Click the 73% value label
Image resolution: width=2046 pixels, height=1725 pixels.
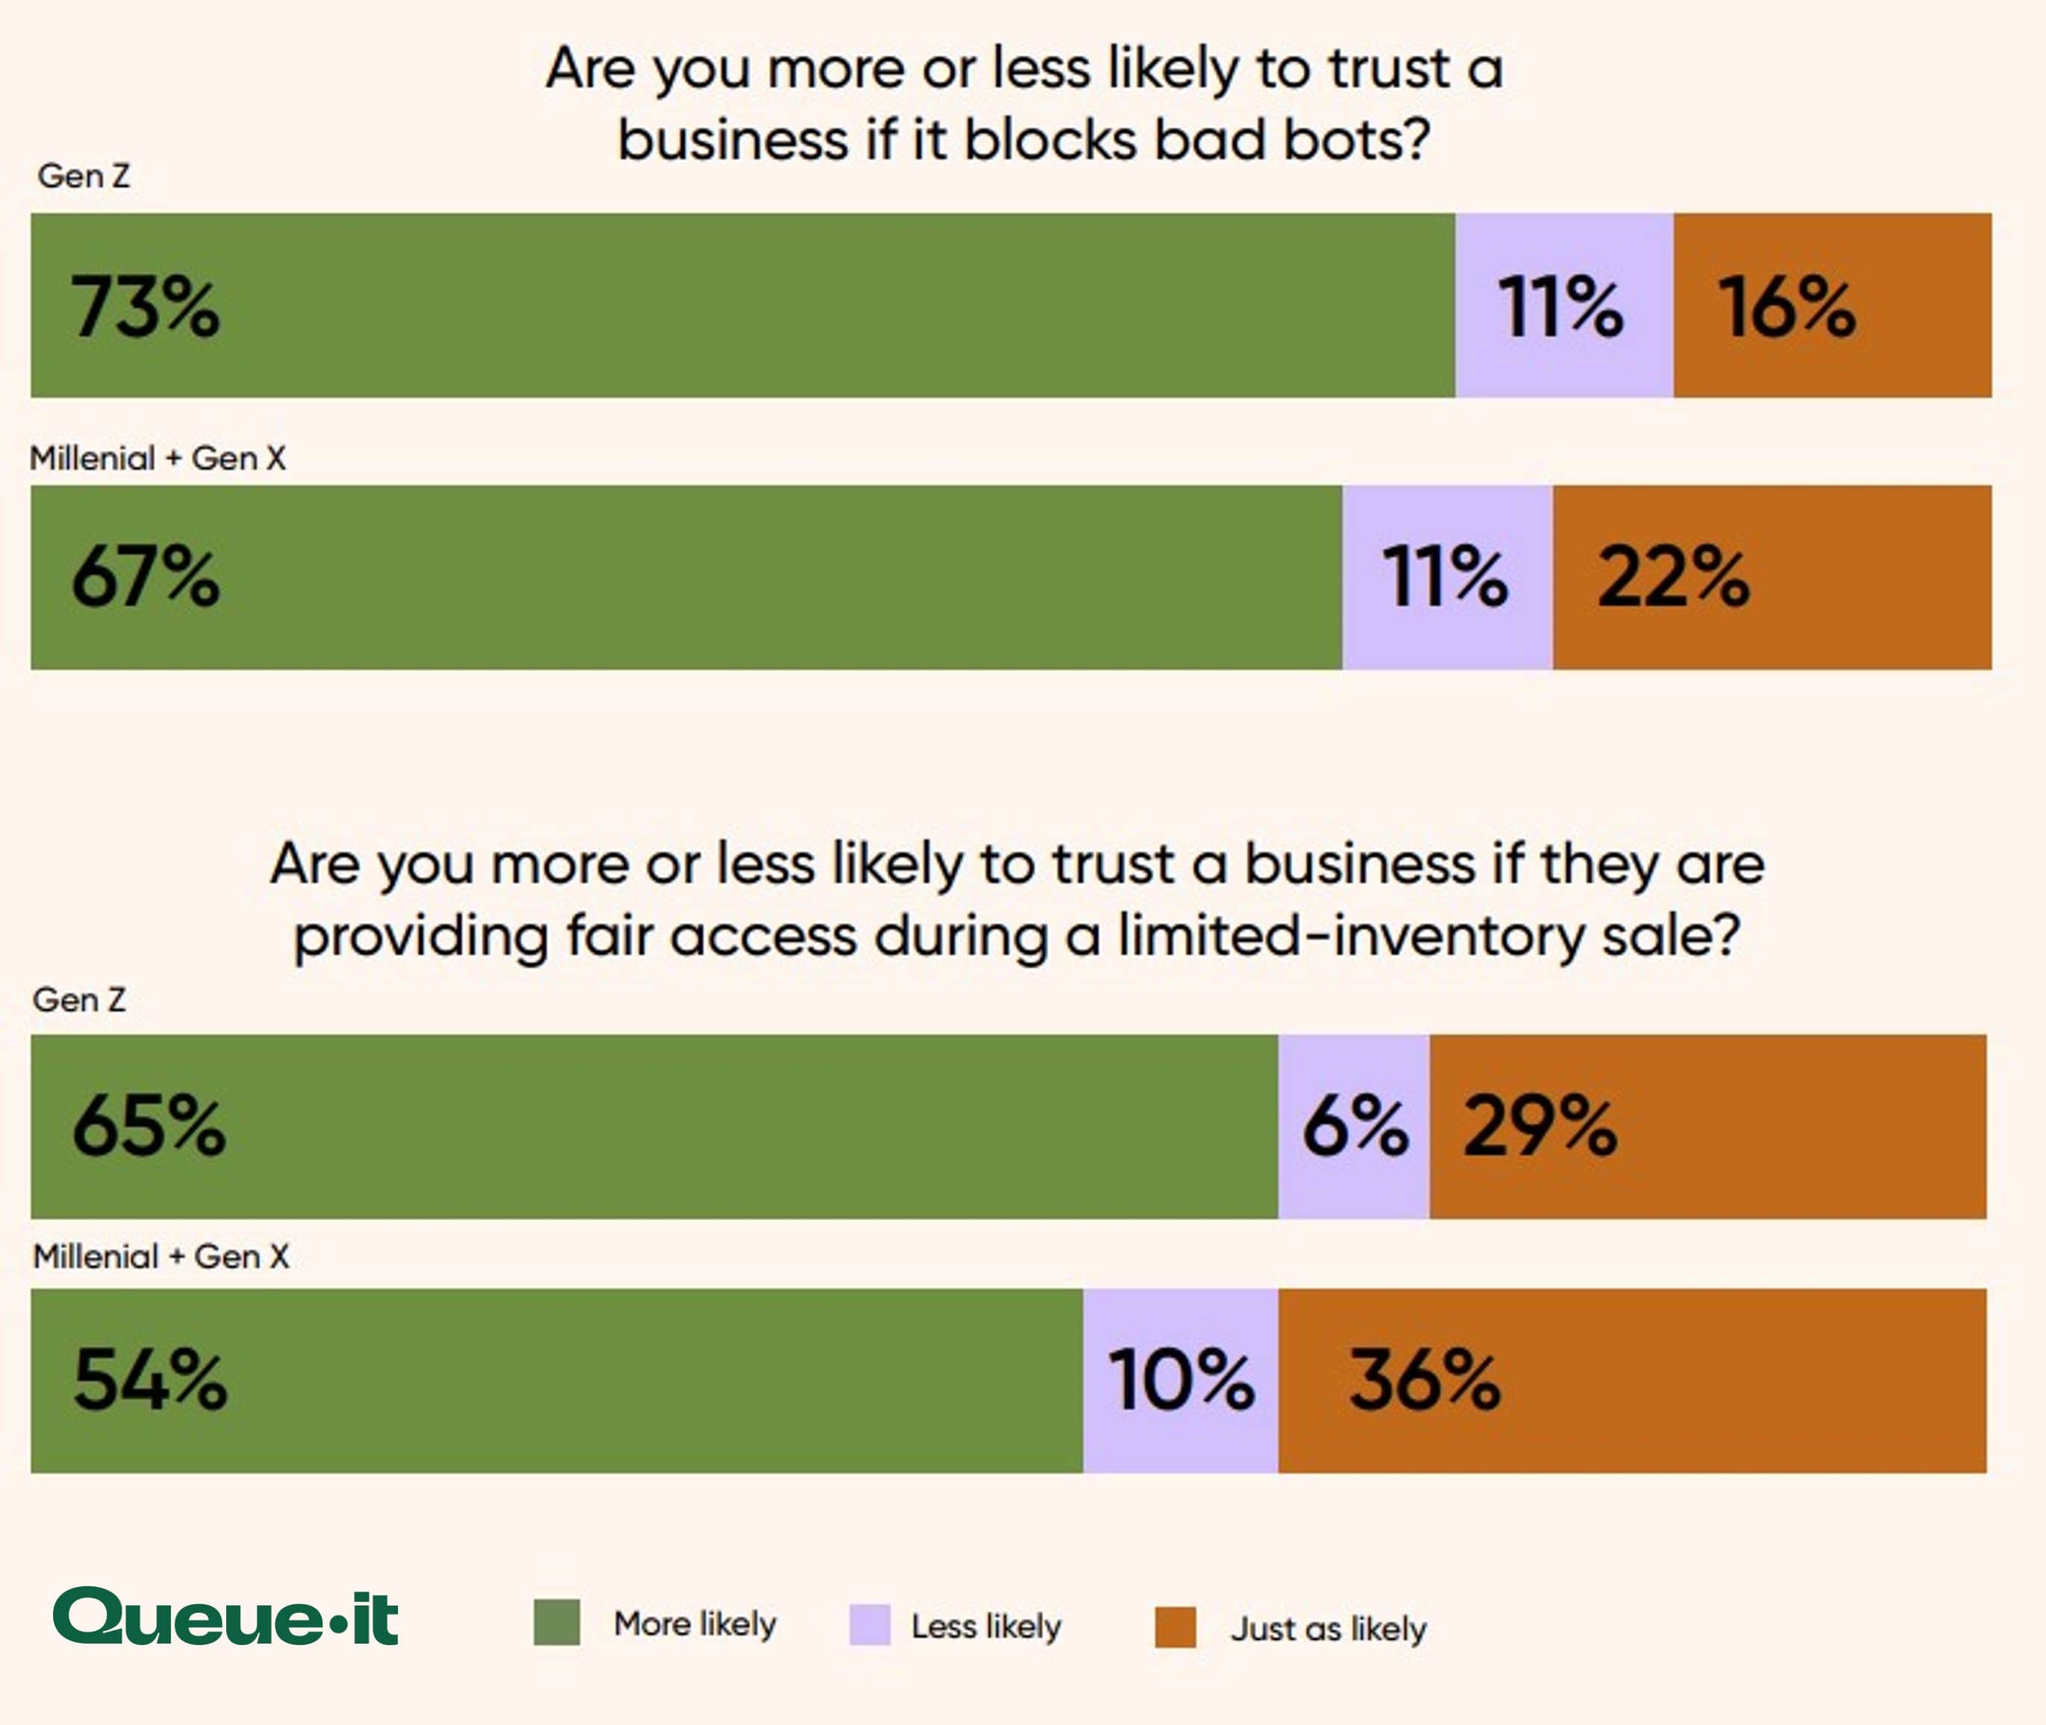point(145,307)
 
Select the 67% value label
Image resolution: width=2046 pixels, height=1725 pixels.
point(145,577)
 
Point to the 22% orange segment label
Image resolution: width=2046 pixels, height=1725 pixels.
point(1673,577)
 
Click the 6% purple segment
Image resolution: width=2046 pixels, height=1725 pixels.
point(1354,1125)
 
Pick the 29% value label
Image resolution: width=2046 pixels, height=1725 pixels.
point(1540,1125)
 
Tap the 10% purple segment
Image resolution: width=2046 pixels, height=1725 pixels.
point(1181,1380)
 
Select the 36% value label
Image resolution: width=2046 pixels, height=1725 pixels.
point(1424,1380)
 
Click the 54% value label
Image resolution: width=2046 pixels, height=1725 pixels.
point(149,1380)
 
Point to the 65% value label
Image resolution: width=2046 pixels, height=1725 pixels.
point(148,1125)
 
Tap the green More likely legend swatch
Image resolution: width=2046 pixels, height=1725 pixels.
point(556,1622)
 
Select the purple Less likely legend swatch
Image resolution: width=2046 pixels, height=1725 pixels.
point(869,1624)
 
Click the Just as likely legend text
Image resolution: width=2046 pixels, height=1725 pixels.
point(1327,1628)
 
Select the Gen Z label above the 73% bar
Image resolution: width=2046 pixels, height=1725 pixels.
point(83,176)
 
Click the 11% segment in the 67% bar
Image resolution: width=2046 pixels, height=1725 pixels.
point(1446,577)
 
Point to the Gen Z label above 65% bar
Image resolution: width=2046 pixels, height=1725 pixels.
point(79,999)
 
